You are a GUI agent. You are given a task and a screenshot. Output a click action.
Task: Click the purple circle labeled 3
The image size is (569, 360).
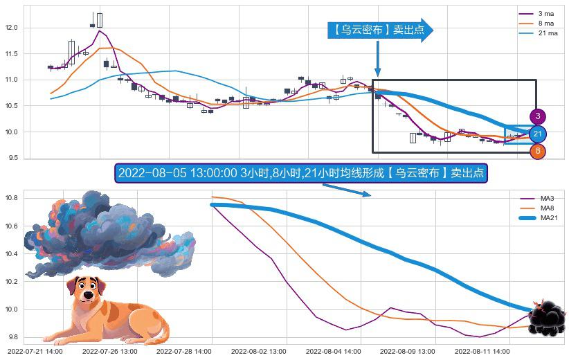coord(538,116)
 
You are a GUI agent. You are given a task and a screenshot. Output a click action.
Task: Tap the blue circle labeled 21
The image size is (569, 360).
coord(538,134)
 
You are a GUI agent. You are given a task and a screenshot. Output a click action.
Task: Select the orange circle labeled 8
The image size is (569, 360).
coord(538,151)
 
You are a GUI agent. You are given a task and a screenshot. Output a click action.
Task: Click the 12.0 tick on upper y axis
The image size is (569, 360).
coord(11,28)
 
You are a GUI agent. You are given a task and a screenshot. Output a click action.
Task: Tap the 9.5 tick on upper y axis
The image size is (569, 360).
coord(12,158)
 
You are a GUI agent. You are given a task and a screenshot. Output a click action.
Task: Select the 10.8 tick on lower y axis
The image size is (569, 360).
coord(11,199)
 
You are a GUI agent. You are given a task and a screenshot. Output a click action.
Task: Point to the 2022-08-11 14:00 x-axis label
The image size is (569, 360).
coord(480,352)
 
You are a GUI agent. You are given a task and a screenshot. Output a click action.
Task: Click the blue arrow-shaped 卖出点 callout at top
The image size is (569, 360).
coord(379,30)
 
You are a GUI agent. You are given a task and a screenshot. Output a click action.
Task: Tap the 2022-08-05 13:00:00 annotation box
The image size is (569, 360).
coord(301,173)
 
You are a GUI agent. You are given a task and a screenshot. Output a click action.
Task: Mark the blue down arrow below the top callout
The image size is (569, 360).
coord(377,58)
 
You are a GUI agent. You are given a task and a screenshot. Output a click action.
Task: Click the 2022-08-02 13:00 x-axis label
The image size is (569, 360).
coord(258,352)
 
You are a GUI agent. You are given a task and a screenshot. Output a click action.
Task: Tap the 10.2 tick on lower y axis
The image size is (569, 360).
coord(11,282)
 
